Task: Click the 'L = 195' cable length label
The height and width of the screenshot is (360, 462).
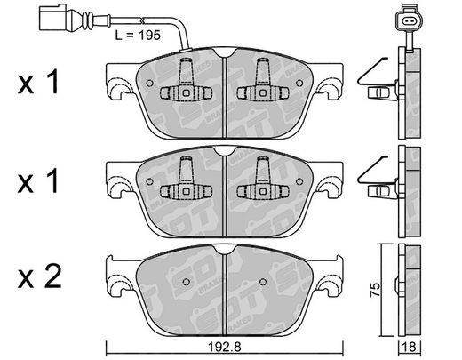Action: pyautogui.click(x=138, y=36)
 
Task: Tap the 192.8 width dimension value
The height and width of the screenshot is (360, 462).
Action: pyautogui.click(x=225, y=347)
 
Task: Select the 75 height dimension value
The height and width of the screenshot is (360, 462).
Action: pyautogui.click(x=375, y=290)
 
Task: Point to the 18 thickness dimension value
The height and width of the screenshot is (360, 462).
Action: pyautogui.click(x=410, y=347)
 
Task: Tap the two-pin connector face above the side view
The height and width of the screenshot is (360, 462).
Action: pyautogui.click(x=410, y=20)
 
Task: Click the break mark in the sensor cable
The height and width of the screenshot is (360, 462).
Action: pyautogui.click(x=143, y=20)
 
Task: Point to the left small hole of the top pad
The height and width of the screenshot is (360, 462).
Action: pyautogui.click(x=150, y=83)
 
